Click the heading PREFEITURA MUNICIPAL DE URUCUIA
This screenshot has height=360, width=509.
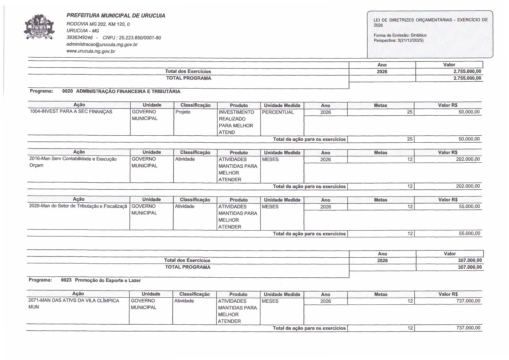116,16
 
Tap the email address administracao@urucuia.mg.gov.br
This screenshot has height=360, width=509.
102,44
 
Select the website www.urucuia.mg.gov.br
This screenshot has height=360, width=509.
91,51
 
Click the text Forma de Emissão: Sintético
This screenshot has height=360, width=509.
400,35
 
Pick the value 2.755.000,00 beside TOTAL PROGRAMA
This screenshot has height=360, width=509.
467,78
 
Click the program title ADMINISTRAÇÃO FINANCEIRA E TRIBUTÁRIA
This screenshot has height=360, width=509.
128,91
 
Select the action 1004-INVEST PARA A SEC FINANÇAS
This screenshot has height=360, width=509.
71,112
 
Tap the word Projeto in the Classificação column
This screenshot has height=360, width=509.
183,112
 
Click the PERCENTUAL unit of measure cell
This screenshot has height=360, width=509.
278,112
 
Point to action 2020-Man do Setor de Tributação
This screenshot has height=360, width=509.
78,206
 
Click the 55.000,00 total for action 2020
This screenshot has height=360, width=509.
469,234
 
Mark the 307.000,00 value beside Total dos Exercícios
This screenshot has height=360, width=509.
470,260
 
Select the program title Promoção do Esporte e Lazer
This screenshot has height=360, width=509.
108,280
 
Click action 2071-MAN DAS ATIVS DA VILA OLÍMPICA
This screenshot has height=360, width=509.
74,301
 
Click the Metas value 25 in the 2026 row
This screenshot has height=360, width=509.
410,112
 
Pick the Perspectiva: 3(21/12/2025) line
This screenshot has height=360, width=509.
398,40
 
